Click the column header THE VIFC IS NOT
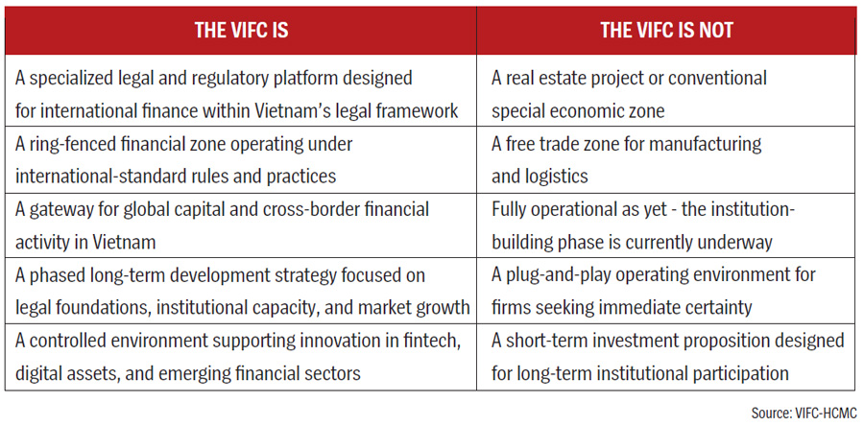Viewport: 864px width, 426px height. [x=667, y=31]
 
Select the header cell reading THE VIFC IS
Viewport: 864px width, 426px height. [x=241, y=31]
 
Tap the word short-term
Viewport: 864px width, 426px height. [x=554, y=341]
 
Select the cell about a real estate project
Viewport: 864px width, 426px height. [x=666, y=94]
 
